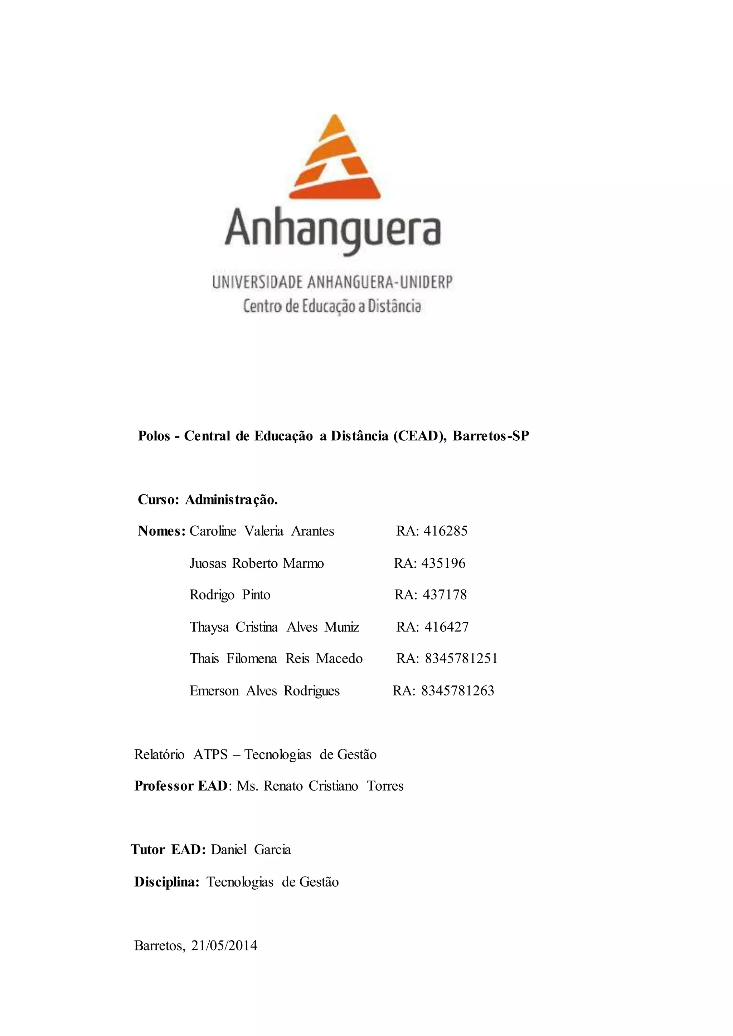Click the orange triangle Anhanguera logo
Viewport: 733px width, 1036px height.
point(334,158)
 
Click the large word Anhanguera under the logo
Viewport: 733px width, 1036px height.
point(332,231)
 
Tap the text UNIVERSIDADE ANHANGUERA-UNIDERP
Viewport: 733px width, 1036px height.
point(332,283)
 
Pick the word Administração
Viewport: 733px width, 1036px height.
point(231,500)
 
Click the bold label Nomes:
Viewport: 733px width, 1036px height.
point(161,531)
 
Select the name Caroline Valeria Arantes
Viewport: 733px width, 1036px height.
point(262,531)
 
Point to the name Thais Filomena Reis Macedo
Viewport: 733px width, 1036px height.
point(276,658)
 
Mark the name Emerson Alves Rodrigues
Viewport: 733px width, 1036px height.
point(264,691)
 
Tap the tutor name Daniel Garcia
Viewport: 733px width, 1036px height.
point(251,850)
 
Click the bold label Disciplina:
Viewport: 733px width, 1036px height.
point(166,882)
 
